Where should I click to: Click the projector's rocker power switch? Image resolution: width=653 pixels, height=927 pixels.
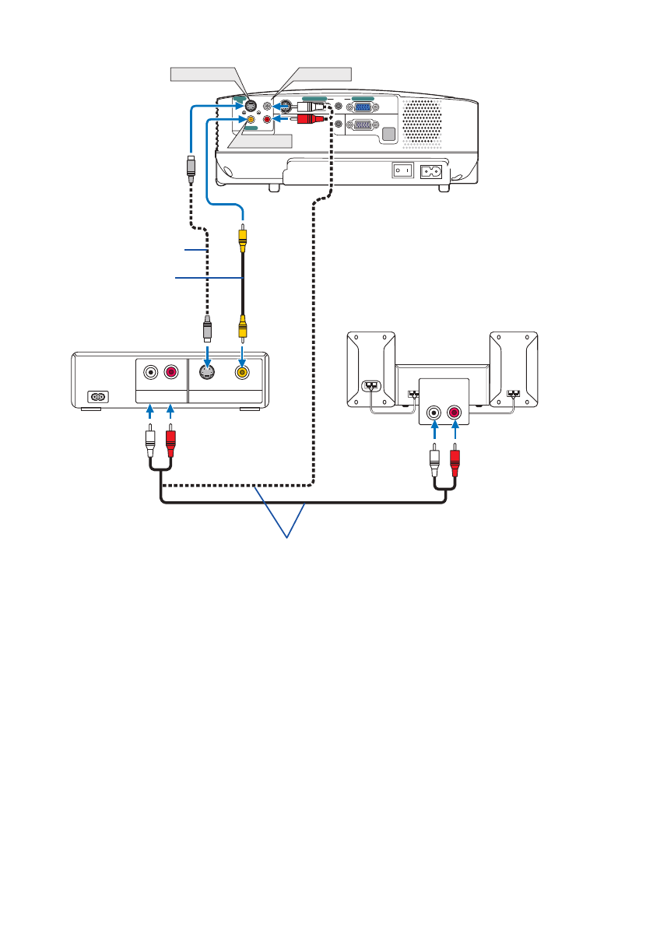(402, 169)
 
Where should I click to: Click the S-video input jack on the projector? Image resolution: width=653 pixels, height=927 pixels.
(251, 106)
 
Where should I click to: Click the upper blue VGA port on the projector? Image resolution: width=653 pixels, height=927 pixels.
(362, 107)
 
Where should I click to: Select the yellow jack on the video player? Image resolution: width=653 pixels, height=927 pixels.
(243, 373)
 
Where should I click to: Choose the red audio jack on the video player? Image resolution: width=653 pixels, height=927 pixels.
(170, 373)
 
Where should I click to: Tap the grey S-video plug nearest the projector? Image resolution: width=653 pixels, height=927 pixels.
(191, 167)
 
